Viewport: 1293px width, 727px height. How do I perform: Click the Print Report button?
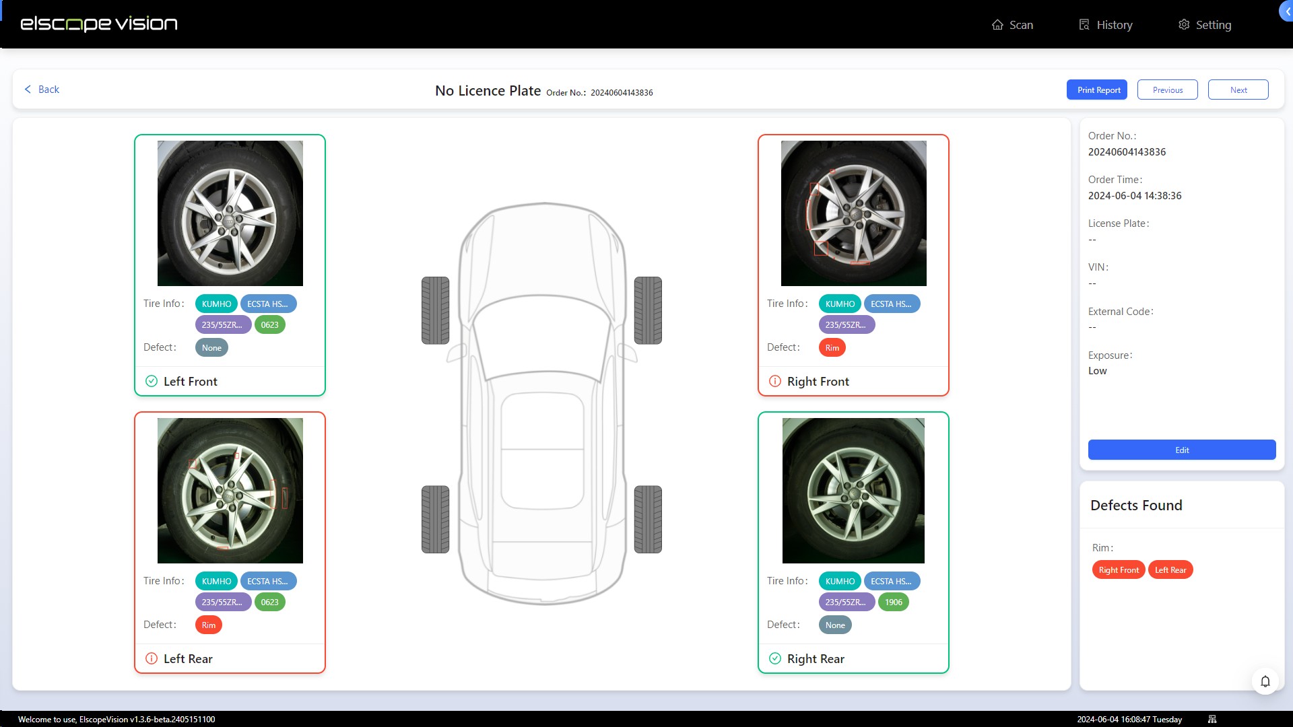(x=1098, y=90)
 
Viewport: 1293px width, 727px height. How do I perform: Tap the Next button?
(x=1238, y=90)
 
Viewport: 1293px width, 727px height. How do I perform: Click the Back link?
(x=42, y=90)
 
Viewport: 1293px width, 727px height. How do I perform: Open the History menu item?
(x=1106, y=25)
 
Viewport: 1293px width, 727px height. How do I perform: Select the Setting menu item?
(x=1205, y=25)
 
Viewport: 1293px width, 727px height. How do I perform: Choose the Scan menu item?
(x=1012, y=25)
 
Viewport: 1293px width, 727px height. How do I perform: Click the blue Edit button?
(x=1181, y=450)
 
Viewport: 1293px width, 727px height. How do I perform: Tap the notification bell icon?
(x=1265, y=681)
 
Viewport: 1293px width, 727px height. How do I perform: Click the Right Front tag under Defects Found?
(x=1118, y=569)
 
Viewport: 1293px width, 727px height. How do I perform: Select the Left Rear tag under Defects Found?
(x=1170, y=569)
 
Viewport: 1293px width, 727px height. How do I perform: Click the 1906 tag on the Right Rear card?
(x=893, y=602)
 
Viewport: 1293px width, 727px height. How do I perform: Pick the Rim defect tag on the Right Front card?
(x=832, y=347)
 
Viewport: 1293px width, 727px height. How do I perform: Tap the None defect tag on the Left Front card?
(x=211, y=347)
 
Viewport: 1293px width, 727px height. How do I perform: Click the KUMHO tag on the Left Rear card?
(x=216, y=581)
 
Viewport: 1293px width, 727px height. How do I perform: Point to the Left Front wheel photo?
(x=230, y=213)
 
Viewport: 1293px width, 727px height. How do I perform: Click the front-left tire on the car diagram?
(x=435, y=310)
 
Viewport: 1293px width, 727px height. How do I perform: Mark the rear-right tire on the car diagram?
(x=648, y=519)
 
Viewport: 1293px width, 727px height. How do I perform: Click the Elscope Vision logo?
(x=98, y=24)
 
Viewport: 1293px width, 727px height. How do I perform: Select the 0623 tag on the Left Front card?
(x=269, y=324)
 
